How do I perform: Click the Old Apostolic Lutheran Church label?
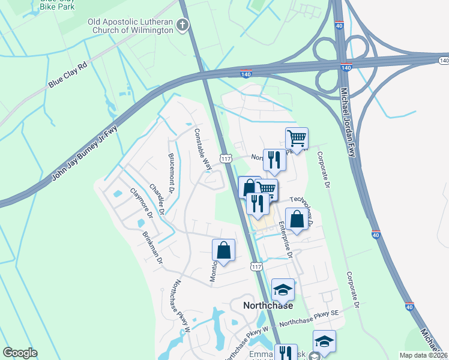pyautogui.click(x=131, y=26)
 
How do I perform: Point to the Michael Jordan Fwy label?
pyautogui.click(x=349, y=124)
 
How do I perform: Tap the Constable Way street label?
pyautogui.click(x=203, y=149)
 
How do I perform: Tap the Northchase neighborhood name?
pyautogui.click(x=268, y=305)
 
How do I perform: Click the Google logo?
pyautogui.click(x=20, y=353)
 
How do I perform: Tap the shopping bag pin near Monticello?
pyautogui.click(x=223, y=250)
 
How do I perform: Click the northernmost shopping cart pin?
pyautogui.click(x=297, y=139)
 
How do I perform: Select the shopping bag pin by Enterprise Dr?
pyautogui.click(x=297, y=219)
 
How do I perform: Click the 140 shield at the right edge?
pyautogui.click(x=443, y=61)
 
